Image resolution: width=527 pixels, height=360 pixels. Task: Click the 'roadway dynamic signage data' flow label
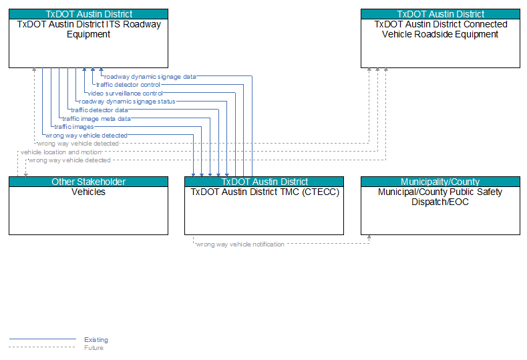[x=150, y=77]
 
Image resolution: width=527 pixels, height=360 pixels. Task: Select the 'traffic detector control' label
[x=128, y=85]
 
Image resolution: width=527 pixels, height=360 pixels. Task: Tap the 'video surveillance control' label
[x=125, y=93]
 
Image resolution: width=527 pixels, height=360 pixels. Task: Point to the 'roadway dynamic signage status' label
[x=127, y=102]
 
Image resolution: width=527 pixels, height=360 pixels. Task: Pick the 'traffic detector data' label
[x=100, y=110]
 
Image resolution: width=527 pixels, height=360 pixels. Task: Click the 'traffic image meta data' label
[x=96, y=118]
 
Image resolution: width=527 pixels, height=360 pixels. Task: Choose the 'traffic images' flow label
[x=74, y=127]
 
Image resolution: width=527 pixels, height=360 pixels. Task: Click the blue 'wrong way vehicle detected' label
[x=86, y=136]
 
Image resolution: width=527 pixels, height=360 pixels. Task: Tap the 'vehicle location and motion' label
[x=61, y=152]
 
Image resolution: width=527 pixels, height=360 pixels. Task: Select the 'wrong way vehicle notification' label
[x=240, y=244]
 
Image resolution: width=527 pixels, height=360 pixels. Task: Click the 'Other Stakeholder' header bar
[x=88, y=182]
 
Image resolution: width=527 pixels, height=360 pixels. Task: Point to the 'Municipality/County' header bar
[x=440, y=182]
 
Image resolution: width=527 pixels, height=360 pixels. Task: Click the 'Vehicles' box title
[x=88, y=192]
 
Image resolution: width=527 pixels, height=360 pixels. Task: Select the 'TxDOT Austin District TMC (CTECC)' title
[x=265, y=192]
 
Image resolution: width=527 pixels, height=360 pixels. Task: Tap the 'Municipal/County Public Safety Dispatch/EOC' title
[x=440, y=197]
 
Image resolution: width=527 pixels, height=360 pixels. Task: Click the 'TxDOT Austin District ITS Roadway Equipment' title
[x=89, y=29]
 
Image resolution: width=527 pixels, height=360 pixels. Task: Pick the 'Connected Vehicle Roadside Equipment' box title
[x=441, y=29]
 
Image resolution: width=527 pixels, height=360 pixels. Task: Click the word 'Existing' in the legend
[x=96, y=340]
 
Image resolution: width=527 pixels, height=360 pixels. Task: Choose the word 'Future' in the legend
[x=94, y=348]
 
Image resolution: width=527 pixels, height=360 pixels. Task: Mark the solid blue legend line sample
[x=42, y=339]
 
